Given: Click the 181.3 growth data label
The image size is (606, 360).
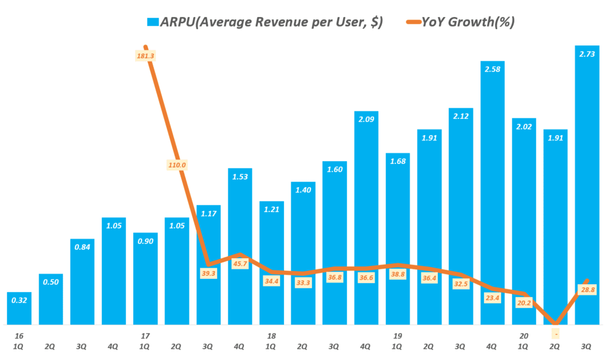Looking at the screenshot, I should click(145, 56).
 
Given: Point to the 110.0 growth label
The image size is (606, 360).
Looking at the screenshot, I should click(176, 165).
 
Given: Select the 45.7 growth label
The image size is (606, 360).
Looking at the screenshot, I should click(240, 263).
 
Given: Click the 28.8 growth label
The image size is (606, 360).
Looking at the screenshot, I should click(587, 290).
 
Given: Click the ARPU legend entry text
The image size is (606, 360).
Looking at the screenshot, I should click(272, 22).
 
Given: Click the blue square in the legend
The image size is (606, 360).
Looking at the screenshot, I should click(153, 22).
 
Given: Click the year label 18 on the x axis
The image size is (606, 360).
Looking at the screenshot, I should click(271, 336).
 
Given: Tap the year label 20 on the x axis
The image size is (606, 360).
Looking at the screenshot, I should click(524, 336).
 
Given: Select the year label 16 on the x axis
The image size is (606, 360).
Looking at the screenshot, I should click(19, 336).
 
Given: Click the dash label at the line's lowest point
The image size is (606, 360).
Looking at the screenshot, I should click(556, 335).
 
